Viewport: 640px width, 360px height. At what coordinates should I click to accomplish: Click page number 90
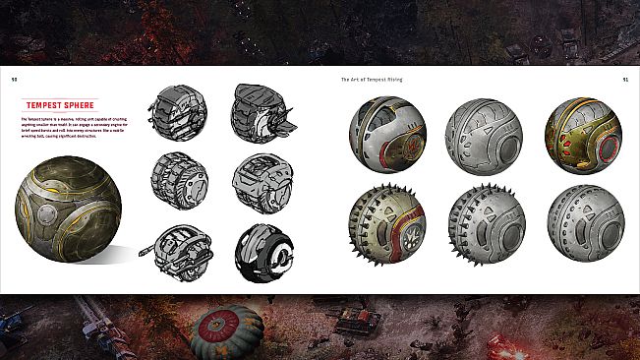(14, 78)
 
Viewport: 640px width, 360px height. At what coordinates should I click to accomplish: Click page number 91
(625, 78)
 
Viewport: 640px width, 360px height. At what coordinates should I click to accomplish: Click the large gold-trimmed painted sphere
(68, 212)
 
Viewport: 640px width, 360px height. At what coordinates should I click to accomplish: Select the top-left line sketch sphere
(180, 112)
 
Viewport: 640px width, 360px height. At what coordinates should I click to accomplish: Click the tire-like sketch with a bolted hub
(180, 179)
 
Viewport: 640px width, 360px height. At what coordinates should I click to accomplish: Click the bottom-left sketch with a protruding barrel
(179, 253)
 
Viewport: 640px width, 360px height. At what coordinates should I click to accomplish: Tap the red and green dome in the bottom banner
(228, 331)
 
